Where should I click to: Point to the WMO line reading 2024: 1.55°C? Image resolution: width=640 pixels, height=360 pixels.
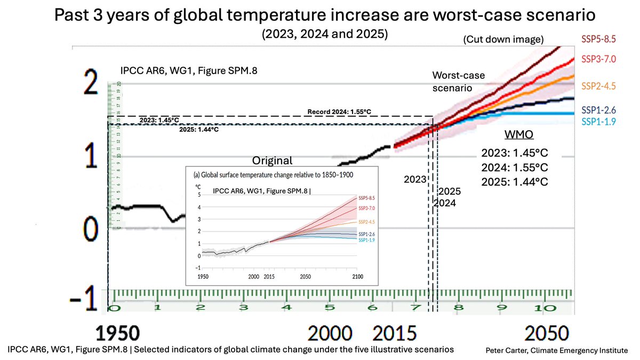tap(515, 167)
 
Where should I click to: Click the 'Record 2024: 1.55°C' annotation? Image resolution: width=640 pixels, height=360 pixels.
tap(339, 111)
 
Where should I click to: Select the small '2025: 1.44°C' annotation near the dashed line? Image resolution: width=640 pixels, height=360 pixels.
tap(198, 130)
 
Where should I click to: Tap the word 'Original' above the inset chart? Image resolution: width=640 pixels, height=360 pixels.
tap(273, 161)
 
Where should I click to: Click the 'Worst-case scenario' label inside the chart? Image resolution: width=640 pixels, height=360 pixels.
tap(458, 82)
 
